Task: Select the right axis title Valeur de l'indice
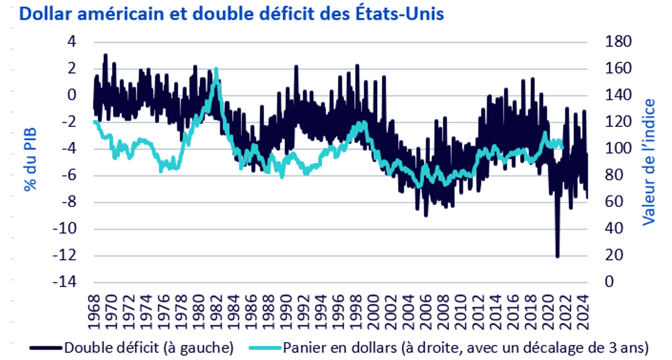pos(648,160)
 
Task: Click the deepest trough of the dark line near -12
pos(557,255)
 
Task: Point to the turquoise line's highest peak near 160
pos(216,68)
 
